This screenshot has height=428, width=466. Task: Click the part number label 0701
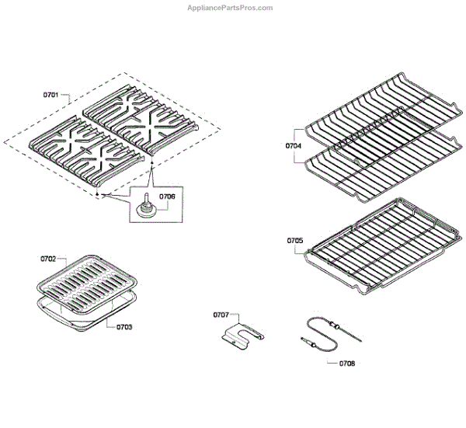[x=51, y=95]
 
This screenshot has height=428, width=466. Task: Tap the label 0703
[x=124, y=327]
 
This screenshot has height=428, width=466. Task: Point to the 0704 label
[x=293, y=144]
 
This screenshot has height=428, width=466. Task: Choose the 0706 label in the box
[x=168, y=197]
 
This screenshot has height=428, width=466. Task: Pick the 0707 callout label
[x=221, y=315]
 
